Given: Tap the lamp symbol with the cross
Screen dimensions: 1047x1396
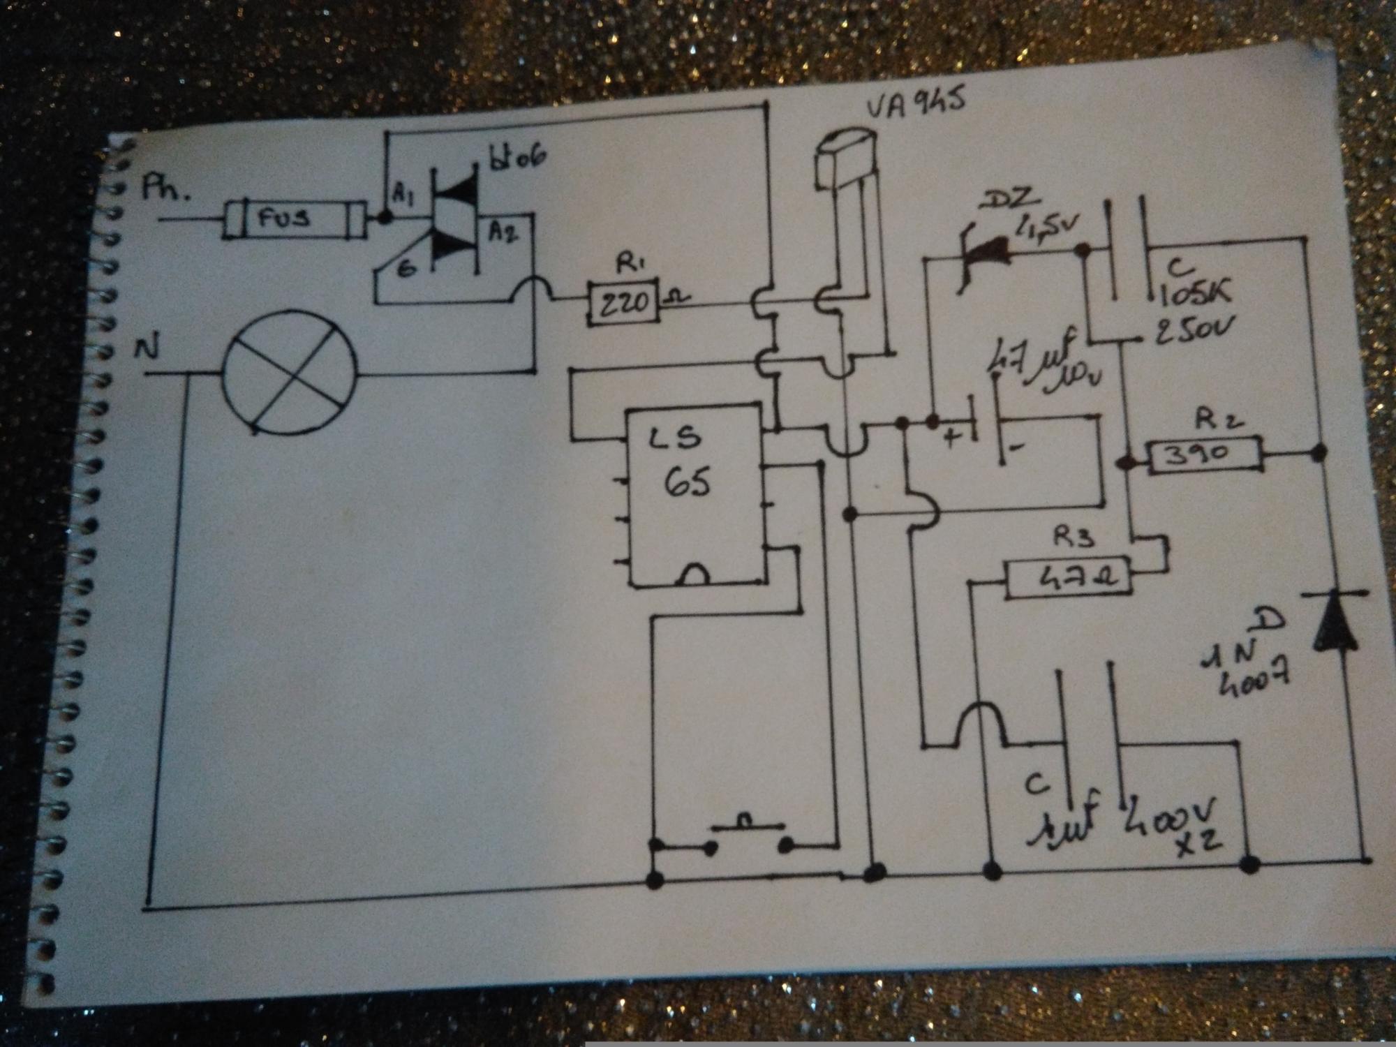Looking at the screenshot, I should point(288,372).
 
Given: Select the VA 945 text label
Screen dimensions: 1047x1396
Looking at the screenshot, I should point(914,106).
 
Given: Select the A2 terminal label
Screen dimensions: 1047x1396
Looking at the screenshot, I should point(503,232).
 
